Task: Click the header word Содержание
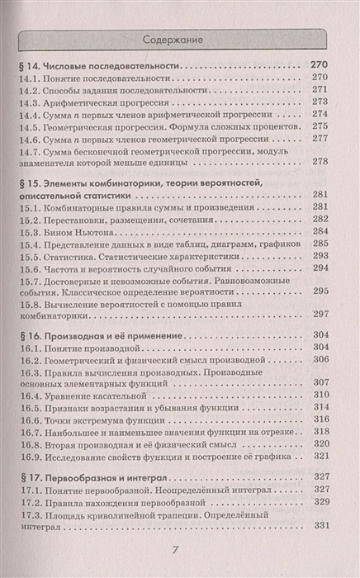point(179,38)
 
